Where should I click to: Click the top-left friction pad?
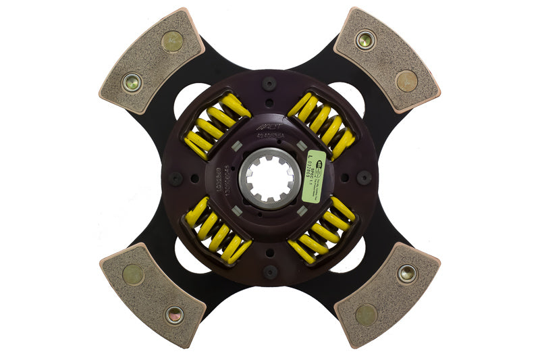tap(152, 61)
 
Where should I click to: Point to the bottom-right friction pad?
tap(386, 295)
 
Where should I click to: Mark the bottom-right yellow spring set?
tap(322, 232)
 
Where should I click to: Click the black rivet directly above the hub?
tap(270, 84)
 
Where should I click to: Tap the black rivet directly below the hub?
tap(270, 272)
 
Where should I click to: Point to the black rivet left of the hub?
tap(175, 179)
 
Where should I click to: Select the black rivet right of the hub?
tap(364, 178)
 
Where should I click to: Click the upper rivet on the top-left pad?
tap(172, 42)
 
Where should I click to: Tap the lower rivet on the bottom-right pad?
tap(367, 314)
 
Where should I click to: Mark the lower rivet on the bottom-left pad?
tap(173, 314)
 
